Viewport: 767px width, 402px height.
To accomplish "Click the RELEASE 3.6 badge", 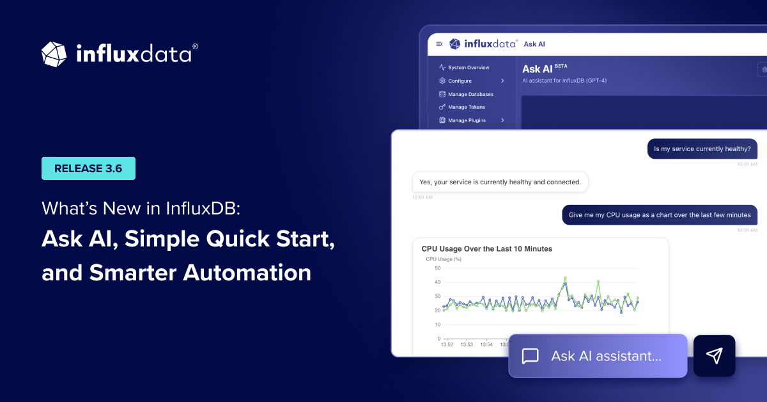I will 88,168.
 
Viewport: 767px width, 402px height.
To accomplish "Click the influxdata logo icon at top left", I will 54,54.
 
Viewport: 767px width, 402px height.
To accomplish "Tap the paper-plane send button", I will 714,356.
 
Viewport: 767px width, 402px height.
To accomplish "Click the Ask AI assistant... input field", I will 606,356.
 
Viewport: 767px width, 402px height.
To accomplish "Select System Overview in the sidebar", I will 469,67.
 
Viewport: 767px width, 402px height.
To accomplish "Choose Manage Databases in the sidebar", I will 470,94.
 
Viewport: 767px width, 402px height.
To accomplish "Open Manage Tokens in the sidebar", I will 467,107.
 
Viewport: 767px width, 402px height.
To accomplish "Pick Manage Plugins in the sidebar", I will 467,120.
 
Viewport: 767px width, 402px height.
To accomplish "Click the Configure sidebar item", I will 460,81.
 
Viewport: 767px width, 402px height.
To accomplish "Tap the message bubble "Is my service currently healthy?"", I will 702,149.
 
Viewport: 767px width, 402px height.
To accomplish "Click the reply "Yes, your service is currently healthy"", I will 500,182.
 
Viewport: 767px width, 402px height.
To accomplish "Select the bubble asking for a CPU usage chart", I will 660,215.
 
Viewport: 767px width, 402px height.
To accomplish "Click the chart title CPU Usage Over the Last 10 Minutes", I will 486,248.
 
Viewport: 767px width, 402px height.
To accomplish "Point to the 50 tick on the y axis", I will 437,268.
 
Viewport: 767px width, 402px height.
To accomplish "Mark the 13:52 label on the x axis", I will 447,344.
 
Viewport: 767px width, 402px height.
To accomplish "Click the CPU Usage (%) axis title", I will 444,259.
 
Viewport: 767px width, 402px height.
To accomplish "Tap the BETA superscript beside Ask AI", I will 561,65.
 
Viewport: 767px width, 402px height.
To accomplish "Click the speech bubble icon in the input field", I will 530,356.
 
